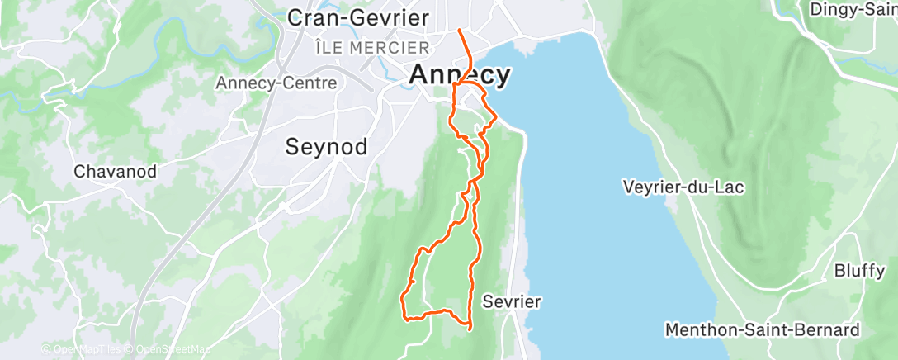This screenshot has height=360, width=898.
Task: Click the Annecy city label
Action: (460, 74)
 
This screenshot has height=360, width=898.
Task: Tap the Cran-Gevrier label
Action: (357, 17)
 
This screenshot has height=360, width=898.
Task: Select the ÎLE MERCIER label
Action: (372, 48)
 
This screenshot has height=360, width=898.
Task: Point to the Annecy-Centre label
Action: (276, 83)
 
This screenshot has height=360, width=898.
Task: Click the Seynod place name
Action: (326, 146)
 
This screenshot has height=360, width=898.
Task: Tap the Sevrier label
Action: (513, 301)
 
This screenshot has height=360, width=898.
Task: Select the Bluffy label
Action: (859, 271)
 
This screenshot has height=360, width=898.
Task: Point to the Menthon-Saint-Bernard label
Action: (762, 330)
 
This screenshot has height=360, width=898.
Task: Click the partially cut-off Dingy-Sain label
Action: (853, 9)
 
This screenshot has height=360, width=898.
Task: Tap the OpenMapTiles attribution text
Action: (83, 349)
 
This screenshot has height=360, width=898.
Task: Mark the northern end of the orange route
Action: (460, 31)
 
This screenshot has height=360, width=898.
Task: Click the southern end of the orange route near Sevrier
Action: (470, 329)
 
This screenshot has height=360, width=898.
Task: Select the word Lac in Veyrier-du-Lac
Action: (730, 187)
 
